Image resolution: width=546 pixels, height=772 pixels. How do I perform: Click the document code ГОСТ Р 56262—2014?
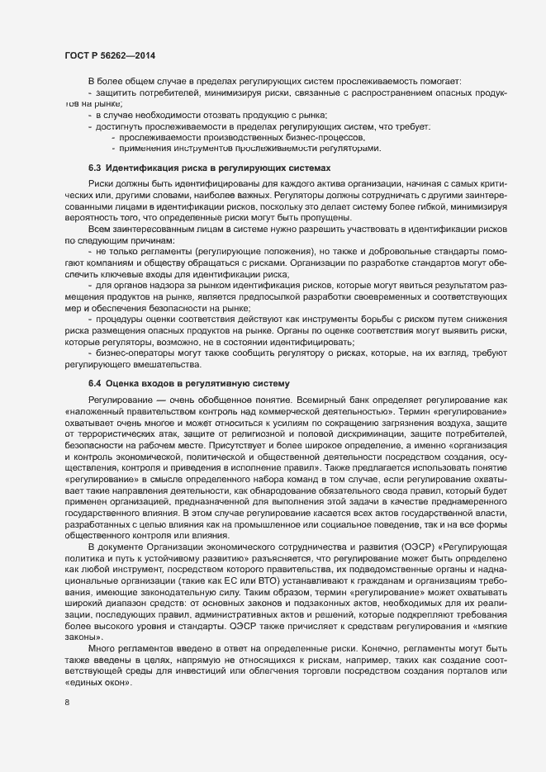110,55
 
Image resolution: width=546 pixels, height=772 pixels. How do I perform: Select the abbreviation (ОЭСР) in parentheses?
401,570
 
